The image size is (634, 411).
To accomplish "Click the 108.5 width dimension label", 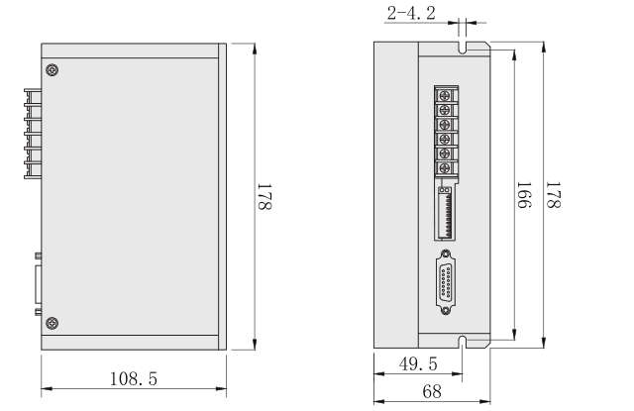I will pyautogui.click(x=136, y=378).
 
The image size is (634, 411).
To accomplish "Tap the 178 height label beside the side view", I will pyautogui.click(x=264, y=198).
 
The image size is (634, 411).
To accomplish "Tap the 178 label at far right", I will pyautogui.click(x=557, y=197).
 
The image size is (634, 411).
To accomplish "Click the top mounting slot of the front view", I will pyautogui.click(x=464, y=48).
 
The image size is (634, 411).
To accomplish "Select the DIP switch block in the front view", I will pyautogui.click(x=445, y=211).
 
